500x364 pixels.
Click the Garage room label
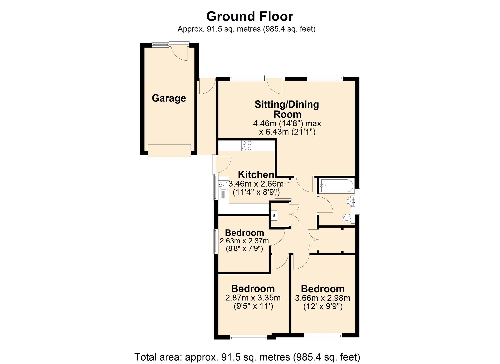click(x=169, y=98)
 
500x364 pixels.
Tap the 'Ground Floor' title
click(x=250, y=16)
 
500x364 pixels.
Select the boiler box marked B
click(x=274, y=215)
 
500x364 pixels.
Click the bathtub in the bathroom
click(x=336, y=186)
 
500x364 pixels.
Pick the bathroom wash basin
click(x=351, y=201)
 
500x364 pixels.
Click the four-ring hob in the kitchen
click(x=247, y=146)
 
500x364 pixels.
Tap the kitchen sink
click(x=223, y=190)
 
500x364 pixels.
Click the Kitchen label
click(x=256, y=175)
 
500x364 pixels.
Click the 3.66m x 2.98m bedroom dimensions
click(x=323, y=298)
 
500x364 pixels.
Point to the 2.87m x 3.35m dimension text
click(x=253, y=298)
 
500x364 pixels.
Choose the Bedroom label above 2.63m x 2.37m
click(x=244, y=233)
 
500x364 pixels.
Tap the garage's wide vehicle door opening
click(x=169, y=151)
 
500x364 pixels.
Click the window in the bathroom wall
click(x=358, y=201)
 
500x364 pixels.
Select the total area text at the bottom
click(x=247, y=357)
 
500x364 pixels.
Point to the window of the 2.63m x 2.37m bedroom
click(x=216, y=241)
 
